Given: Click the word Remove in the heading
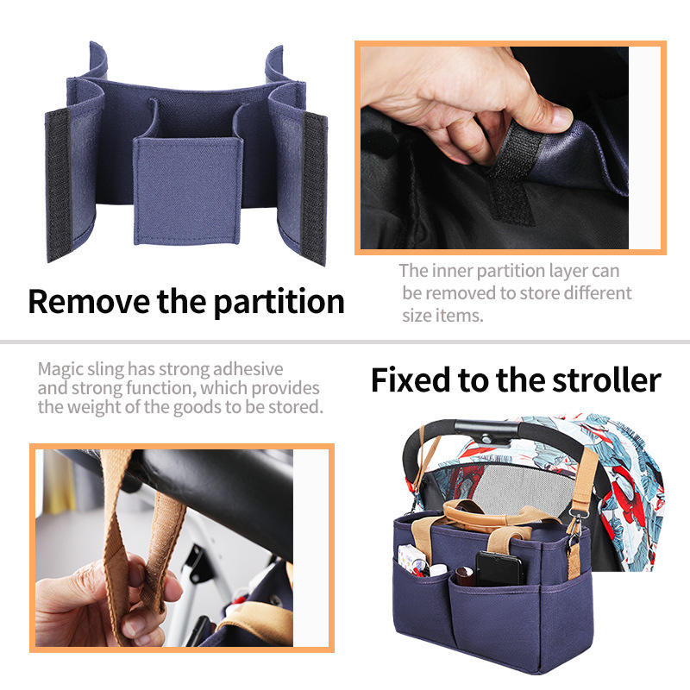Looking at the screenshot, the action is coord(89,302).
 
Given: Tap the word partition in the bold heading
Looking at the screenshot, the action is coord(279,303).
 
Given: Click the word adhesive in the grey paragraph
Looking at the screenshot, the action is coord(248,369).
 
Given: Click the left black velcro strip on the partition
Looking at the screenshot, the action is coord(58,184).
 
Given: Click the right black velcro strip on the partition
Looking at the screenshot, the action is coord(314,188).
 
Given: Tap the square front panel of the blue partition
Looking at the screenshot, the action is coord(188,191).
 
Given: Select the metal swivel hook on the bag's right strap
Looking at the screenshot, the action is coord(574,529).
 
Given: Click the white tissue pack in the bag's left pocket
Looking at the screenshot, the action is coord(411,559).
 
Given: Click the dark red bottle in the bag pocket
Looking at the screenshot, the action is coord(464,576).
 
